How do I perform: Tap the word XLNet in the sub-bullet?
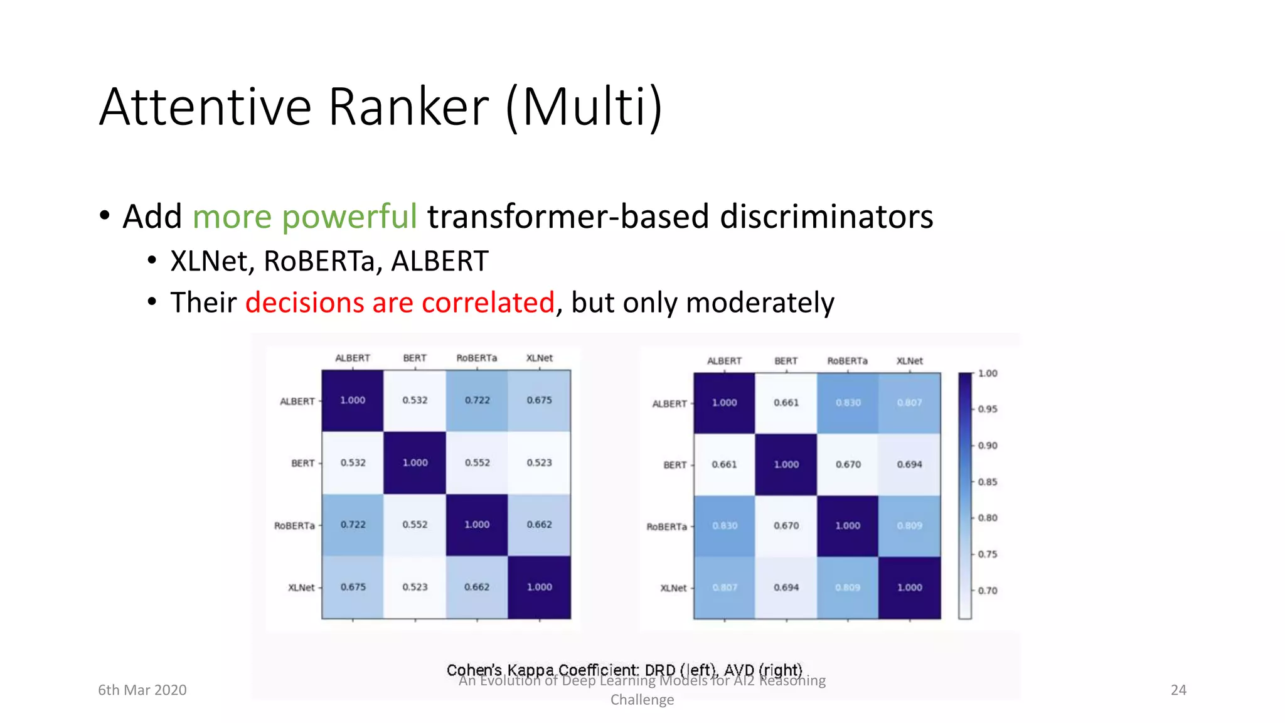[x=208, y=261]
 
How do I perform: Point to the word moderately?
[x=760, y=303]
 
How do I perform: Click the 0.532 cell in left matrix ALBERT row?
[x=415, y=400]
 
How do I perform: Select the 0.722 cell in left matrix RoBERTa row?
[x=353, y=525]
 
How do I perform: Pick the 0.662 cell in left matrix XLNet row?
[x=477, y=587]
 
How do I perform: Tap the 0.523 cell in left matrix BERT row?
[x=539, y=463]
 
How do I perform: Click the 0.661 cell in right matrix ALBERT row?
[x=786, y=403]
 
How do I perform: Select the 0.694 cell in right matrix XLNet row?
[x=786, y=587]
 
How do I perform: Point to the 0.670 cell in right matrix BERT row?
[x=848, y=464]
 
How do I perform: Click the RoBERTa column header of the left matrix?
[x=477, y=358]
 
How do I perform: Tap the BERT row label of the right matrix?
[x=674, y=465]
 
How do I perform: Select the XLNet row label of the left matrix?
[x=301, y=587]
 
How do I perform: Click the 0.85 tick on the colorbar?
[x=987, y=482]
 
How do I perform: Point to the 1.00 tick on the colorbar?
[x=987, y=373]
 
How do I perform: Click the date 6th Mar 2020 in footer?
[x=142, y=690]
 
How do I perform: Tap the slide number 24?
[x=1178, y=690]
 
